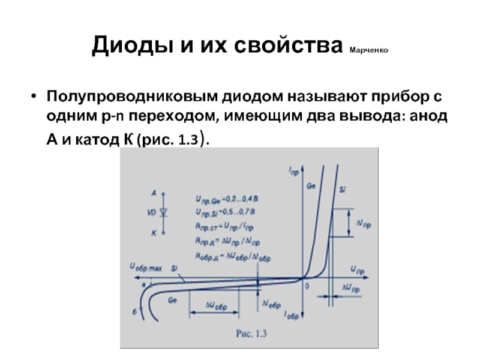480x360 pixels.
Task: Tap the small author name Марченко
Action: click(368, 50)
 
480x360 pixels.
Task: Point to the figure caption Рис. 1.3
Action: click(249, 334)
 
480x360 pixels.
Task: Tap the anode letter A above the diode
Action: click(154, 193)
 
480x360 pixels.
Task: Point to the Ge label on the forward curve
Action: click(311, 187)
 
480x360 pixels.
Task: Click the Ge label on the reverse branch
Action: click(172, 298)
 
